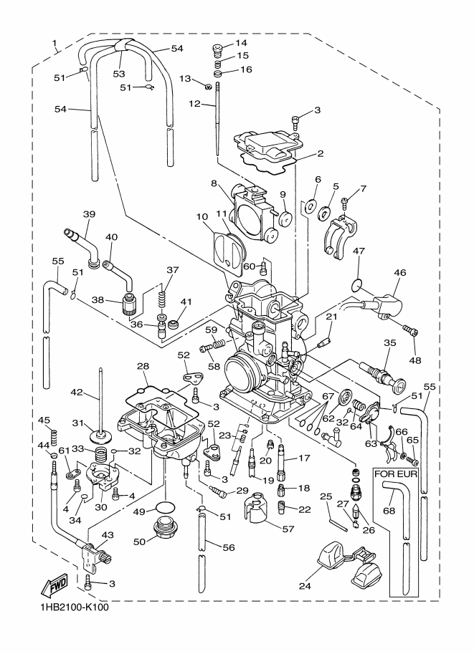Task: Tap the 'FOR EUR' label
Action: tap(396, 474)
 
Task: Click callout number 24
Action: tap(305, 586)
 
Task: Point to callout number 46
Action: tap(399, 273)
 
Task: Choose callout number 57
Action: tap(288, 529)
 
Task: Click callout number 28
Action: tap(143, 366)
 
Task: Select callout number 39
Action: tap(89, 214)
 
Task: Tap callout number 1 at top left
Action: tap(54, 42)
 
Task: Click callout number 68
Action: tap(389, 511)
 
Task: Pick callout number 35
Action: tap(389, 343)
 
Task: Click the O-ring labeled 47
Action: tap(356, 286)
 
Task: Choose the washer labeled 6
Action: tap(310, 206)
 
